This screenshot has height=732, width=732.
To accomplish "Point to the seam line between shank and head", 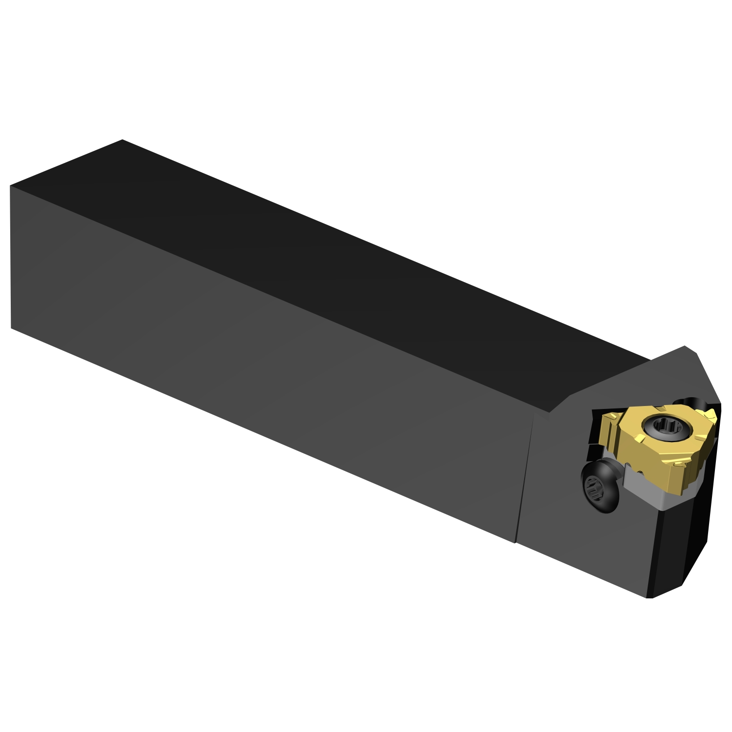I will tap(525, 478).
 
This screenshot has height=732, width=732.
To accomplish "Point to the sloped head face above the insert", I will tap(634, 381).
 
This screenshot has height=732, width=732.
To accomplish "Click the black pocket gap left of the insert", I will tap(596, 429).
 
